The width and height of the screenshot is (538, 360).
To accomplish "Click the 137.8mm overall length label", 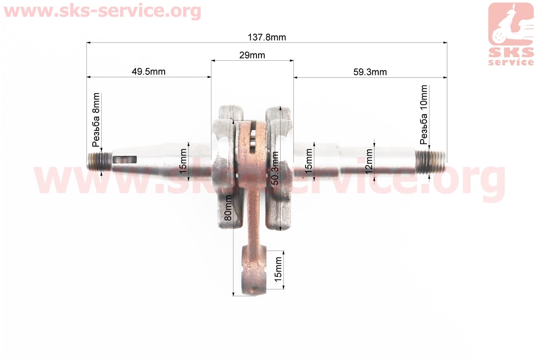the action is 267,37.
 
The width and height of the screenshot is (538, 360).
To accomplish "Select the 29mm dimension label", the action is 252,55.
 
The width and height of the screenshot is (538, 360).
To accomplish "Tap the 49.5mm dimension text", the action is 148,72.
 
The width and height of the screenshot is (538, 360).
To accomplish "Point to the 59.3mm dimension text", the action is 370,72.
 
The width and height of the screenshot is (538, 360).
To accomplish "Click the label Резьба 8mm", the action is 96,120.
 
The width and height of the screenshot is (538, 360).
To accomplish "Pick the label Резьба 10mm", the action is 424,115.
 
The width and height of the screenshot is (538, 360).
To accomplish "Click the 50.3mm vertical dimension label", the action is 275,168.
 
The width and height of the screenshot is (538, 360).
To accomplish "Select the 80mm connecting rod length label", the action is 228,208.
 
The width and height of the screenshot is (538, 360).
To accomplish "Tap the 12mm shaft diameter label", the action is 369,161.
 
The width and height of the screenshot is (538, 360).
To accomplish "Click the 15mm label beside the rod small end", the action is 278,270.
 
